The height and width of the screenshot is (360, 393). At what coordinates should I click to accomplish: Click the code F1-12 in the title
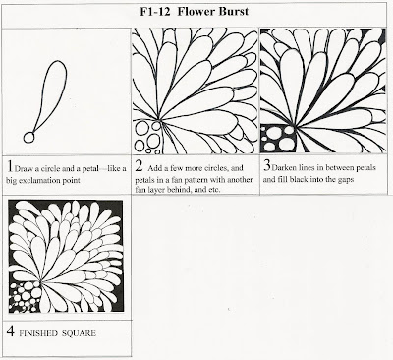[156, 12]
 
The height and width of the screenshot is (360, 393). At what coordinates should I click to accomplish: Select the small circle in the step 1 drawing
[29, 137]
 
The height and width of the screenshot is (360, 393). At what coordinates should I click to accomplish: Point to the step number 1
[10, 166]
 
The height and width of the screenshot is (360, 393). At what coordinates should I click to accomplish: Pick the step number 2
[139, 166]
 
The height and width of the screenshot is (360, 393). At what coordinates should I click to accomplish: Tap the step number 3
[267, 165]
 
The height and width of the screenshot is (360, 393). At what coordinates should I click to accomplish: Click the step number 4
[11, 331]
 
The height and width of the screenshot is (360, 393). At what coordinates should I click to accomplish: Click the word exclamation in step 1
[42, 181]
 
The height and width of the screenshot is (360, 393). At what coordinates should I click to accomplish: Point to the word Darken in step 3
[285, 168]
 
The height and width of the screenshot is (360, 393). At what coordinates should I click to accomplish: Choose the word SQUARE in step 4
[79, 333]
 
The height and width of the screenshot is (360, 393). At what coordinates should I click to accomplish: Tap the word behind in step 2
[176, 189]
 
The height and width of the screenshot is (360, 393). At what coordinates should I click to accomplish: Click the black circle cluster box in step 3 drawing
[278, 139]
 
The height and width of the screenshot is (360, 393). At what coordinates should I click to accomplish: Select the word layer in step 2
[154, 190]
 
